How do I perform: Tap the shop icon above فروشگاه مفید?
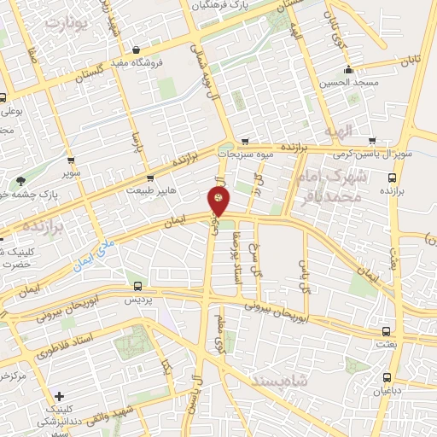137,50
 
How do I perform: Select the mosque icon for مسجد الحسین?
347,70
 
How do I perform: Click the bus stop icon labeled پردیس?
138,287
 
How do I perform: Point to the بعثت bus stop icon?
387,330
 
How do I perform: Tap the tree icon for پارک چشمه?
20,180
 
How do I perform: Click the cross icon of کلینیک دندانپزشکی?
58,396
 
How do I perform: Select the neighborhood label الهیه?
338,131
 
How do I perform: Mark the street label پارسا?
134,139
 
